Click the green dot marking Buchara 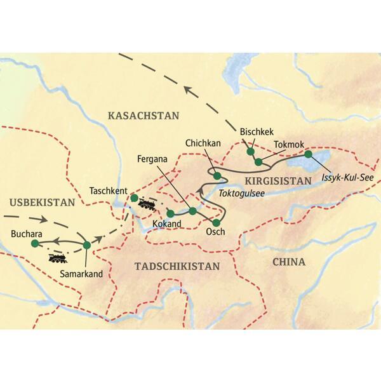pos(35,243)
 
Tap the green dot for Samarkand pos(87,244)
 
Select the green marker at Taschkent pos(134,197)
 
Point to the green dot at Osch pos(217,222)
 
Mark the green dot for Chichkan pos(217,175)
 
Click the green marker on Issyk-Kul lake pos(308,154)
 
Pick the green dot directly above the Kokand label pos(170,213)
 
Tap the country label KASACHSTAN pos(144,116)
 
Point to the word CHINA pos(288,262)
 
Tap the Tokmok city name pos(288,144)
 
